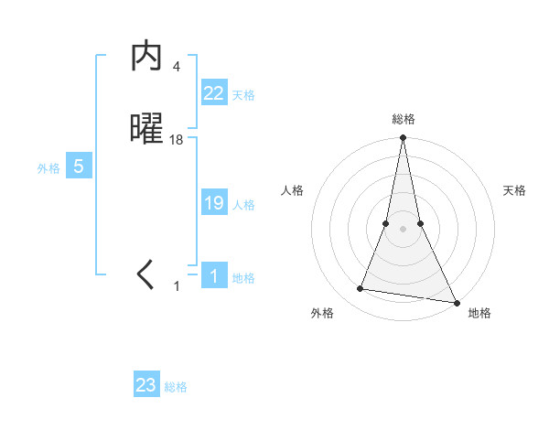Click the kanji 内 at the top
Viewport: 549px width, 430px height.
click(x=147, y=58)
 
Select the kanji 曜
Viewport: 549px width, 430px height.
click(x=147, y=130)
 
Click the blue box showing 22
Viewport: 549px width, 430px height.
click(x=214, y=93)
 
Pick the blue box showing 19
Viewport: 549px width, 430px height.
click(x=214, y=203)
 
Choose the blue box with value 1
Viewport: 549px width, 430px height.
click(x=214, y=275)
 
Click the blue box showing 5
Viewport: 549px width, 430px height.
click(x=79, y=167)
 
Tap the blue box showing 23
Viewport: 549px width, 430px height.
click(x=146, y=385)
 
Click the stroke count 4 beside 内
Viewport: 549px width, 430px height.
click(x=177, y=66)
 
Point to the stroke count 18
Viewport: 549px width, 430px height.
click(x=177, y=139)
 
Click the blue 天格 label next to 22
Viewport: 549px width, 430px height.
click(x=243, y=94)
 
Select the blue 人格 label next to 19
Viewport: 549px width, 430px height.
click(x=243, y=204)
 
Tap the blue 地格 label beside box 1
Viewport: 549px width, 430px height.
click(x=243, y=277)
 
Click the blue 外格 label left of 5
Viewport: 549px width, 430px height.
click(x=48, y=167)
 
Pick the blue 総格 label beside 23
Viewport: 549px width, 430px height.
click(x=176, y=387)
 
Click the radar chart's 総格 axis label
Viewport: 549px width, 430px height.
click(x=404, y=119)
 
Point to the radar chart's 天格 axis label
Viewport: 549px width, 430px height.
click(x=515, y=190)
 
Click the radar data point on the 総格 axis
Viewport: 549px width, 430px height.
click(x=404, y=138)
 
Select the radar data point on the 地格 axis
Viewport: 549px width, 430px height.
click(x=456, y=301)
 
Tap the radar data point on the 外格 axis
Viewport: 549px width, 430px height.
click(x=361, y=289)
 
